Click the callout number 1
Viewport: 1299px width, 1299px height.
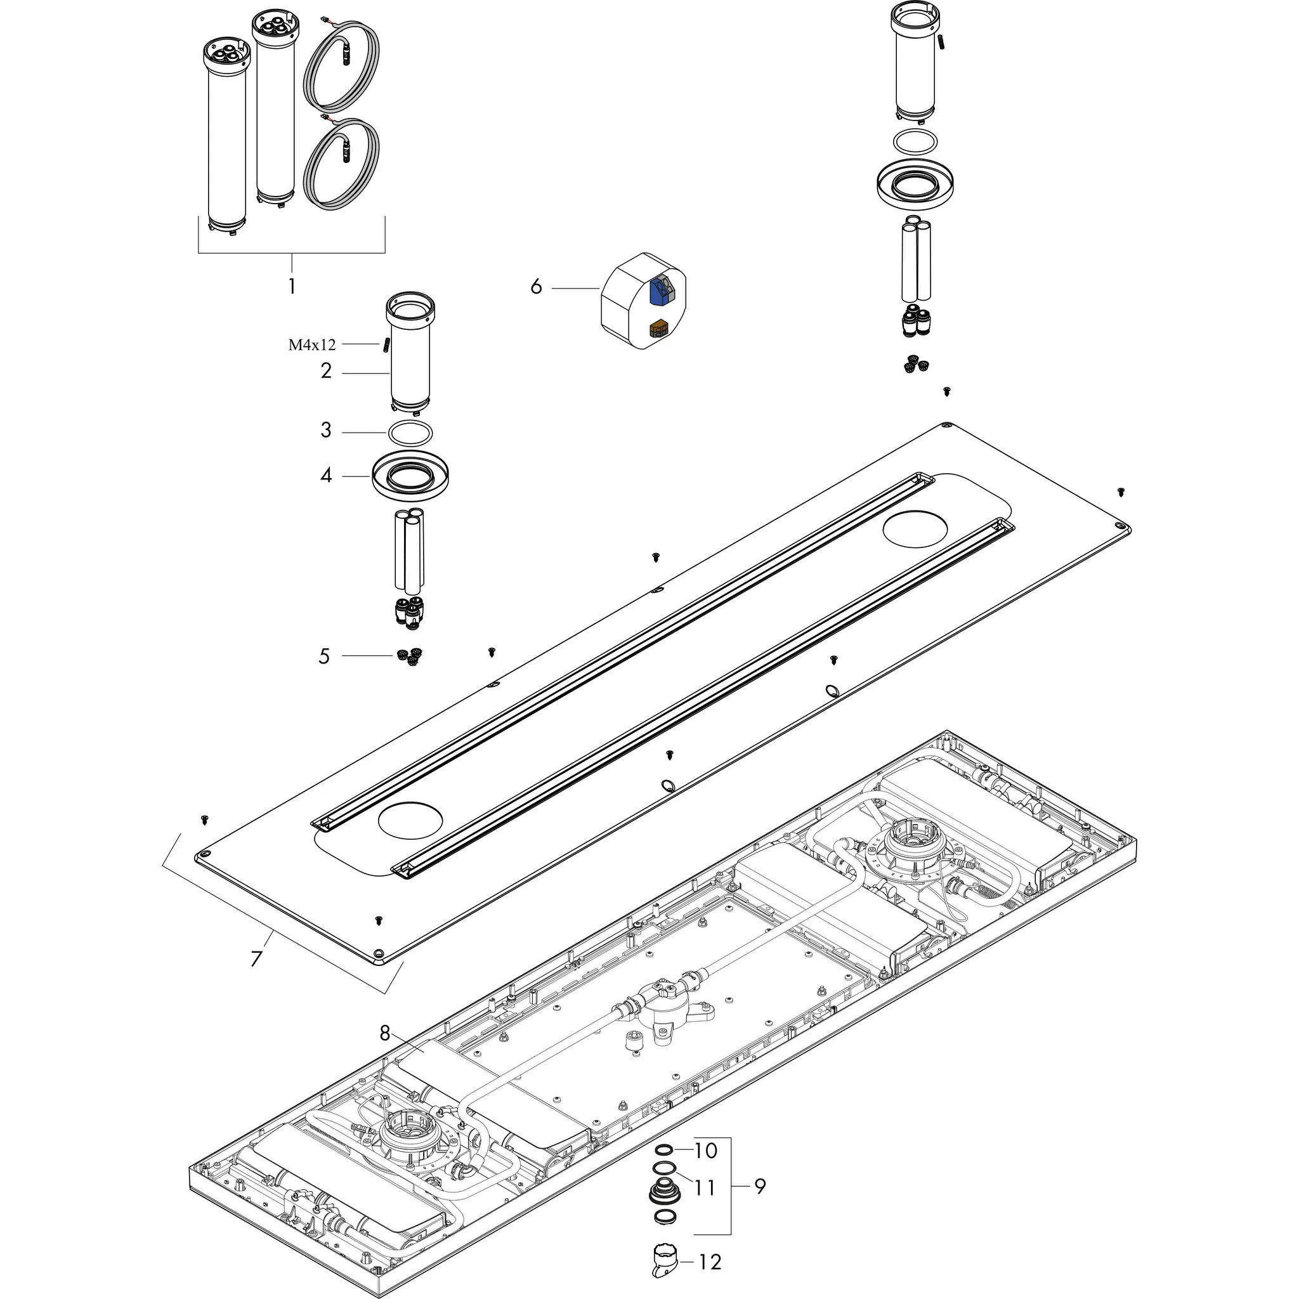(x=292, y=287)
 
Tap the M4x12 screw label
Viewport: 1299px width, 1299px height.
(x=312, y=345)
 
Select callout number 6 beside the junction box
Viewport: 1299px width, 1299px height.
(x=536, y=287)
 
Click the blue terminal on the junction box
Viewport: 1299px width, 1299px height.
(x=660, y=289)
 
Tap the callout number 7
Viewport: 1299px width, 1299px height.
(x=256, y=958)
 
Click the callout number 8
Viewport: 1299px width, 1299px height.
(x=384, y=1033)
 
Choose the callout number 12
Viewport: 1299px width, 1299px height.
(x=710, y=1262)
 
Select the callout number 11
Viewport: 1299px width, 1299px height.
(x=705, y=1188)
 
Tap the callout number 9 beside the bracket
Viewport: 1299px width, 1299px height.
(x=759, y=1187)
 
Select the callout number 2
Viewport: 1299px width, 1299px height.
(x=326, y=370)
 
